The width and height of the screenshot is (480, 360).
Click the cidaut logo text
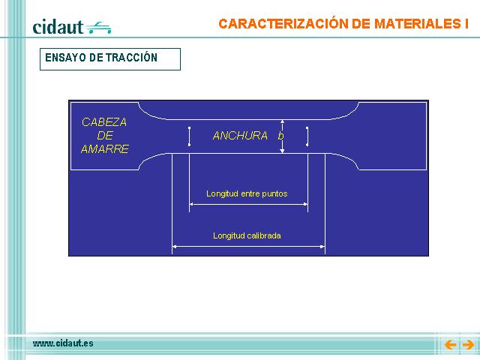(58, 27)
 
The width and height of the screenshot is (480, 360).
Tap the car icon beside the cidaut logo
(98, 28)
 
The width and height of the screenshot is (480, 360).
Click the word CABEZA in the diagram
(104, 122)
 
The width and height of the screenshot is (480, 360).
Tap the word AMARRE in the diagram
(105, 148)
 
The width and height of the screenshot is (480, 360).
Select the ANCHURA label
(240, 136)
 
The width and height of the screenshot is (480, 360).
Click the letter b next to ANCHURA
(280, 136)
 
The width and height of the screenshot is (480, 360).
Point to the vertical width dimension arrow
(282, 136)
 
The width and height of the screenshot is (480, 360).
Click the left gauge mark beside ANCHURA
(190, 136)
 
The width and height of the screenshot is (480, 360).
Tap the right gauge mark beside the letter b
(307, 136)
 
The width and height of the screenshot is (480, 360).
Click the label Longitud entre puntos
(247, 193)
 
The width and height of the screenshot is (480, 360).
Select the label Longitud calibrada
(247, 235)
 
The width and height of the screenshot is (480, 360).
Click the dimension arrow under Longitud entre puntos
(248, 204)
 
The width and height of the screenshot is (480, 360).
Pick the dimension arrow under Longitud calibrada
(248, 246)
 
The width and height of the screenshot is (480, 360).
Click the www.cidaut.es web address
(63, 343)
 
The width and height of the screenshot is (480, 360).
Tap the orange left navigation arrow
(450, 345)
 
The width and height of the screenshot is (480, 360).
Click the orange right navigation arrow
(468, 345)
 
